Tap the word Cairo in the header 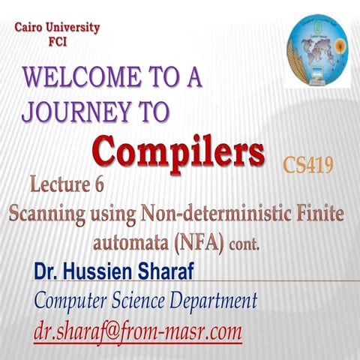[33, 28]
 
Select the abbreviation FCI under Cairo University [55, 42]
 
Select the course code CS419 [308, 164]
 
